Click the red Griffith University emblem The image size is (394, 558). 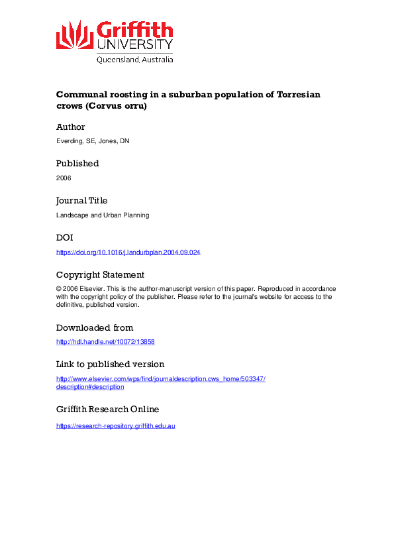(x=74, y=34)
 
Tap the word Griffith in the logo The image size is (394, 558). (x=135, y=30)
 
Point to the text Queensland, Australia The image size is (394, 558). (x=134, y=60)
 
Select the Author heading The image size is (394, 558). (x=71, y=127)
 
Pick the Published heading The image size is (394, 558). (x=77, y=163)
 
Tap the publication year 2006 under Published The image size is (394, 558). (x=64, y=178)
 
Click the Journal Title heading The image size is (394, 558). (x=81, y=200)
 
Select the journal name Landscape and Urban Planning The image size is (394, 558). (x=103, y=215)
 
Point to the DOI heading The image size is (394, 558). (x=64, y=237)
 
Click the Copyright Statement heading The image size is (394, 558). (x=100, y=274)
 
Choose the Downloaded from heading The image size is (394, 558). (x=95, y=327)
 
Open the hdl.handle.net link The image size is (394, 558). (x=105, y=342)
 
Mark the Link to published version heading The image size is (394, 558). (x=110, y=364)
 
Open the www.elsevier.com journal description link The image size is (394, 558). (x=160, y=378)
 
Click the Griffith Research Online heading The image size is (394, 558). (x=107, y=409)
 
